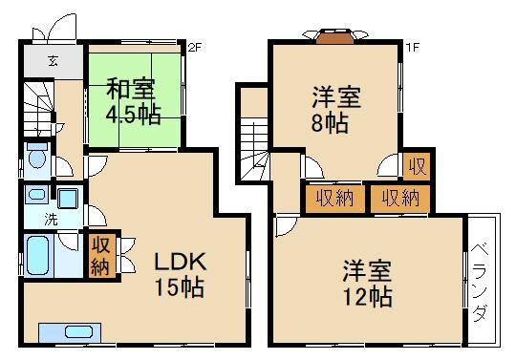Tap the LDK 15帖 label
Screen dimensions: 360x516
click(x=179, y=274)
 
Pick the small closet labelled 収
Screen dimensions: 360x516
click(x=417, y=166)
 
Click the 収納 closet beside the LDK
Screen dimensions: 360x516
click(x=100, y=254)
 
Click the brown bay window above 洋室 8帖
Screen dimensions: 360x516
click(x=333, y=38)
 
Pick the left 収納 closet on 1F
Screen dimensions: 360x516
click(x=326, y=198)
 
